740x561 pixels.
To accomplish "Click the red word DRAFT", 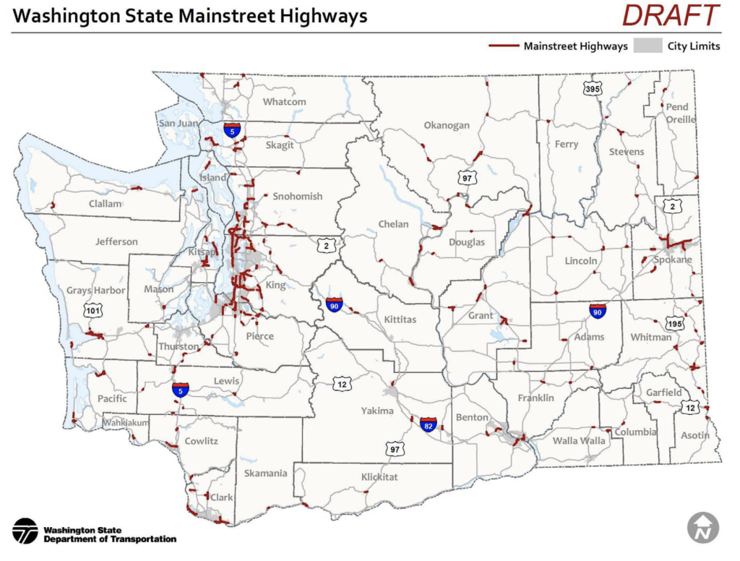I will point(671,15).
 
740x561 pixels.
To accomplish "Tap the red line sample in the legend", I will point(504,46).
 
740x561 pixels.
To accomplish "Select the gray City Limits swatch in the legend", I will point(647,46).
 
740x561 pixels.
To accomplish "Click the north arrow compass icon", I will point(702,528).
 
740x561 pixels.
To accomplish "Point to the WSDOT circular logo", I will point(25,531).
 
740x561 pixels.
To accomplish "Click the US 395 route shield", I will point(593,89).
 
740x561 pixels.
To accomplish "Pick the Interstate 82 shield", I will point(429,423).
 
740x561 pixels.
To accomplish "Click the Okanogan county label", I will point(447,125).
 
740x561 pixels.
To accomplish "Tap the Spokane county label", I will point(672,260).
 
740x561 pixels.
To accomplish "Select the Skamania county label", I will point(265,474).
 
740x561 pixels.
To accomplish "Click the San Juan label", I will point(178,123).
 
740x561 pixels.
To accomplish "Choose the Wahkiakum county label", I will point(125,422).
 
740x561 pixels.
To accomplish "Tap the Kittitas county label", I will point(400,319).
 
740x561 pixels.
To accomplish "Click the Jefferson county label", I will point(116,241).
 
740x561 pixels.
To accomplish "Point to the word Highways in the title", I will point(318,16).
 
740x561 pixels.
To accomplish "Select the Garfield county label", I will point(663,393).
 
